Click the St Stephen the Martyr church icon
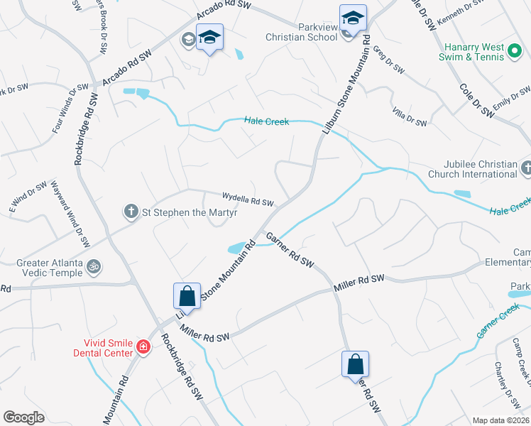[131, 211]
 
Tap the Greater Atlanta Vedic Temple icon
[92, 268]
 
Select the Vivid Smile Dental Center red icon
[143, 347]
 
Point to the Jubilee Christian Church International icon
[526, 168]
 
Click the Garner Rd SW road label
[290, 249]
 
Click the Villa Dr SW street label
[410, 117]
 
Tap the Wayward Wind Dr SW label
[69, 213]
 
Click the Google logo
[23, 417]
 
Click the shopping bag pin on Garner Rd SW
[355, 365]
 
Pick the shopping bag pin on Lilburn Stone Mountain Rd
[186, 295]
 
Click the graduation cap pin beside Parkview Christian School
[353, 18]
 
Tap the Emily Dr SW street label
[513, 97]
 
